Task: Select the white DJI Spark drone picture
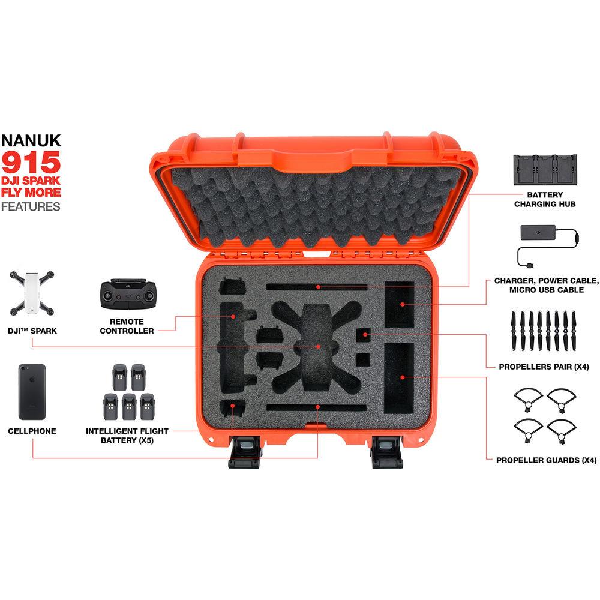(x=31, y=293)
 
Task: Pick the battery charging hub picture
(x=544, y=171)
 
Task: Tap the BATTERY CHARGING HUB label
(x=545, y=199)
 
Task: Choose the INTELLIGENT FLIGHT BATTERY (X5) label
(x=127, y=436)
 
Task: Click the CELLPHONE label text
(x=32, y=431)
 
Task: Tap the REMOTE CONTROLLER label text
(x=127, y=326)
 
